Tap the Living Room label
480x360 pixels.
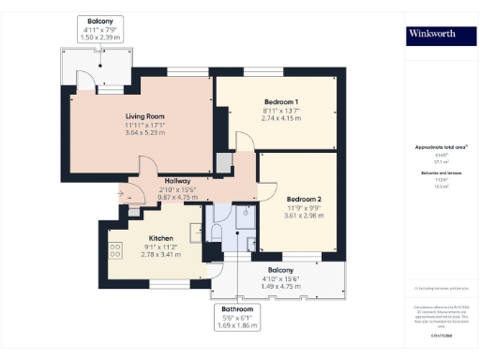146,117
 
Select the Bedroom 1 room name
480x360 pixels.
281,101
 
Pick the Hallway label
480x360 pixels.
177,181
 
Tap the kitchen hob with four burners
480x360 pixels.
117,251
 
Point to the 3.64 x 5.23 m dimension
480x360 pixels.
146,134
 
